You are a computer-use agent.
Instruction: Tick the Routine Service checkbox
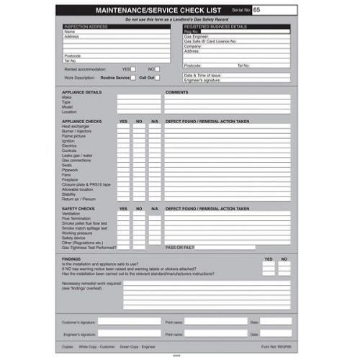point(133,77)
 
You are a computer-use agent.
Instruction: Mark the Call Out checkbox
point(158,77)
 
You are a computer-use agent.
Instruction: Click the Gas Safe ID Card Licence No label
point(210,42)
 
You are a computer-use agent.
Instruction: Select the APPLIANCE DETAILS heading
point(82,93)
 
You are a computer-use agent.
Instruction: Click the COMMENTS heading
point(176,93)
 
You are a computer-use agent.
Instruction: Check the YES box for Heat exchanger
point(123,126)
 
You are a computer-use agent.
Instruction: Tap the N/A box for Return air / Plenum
point(155,198)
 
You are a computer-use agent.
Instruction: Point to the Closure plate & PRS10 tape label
point(86,184)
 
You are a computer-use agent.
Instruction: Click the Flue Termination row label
point(77,218)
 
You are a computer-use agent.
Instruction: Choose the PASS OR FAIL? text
point(180,248)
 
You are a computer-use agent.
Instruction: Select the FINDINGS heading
point(71,258)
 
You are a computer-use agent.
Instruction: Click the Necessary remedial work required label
point(92,284)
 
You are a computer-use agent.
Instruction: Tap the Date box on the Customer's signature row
point(276,322)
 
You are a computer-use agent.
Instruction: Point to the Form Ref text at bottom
point(276,346)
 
